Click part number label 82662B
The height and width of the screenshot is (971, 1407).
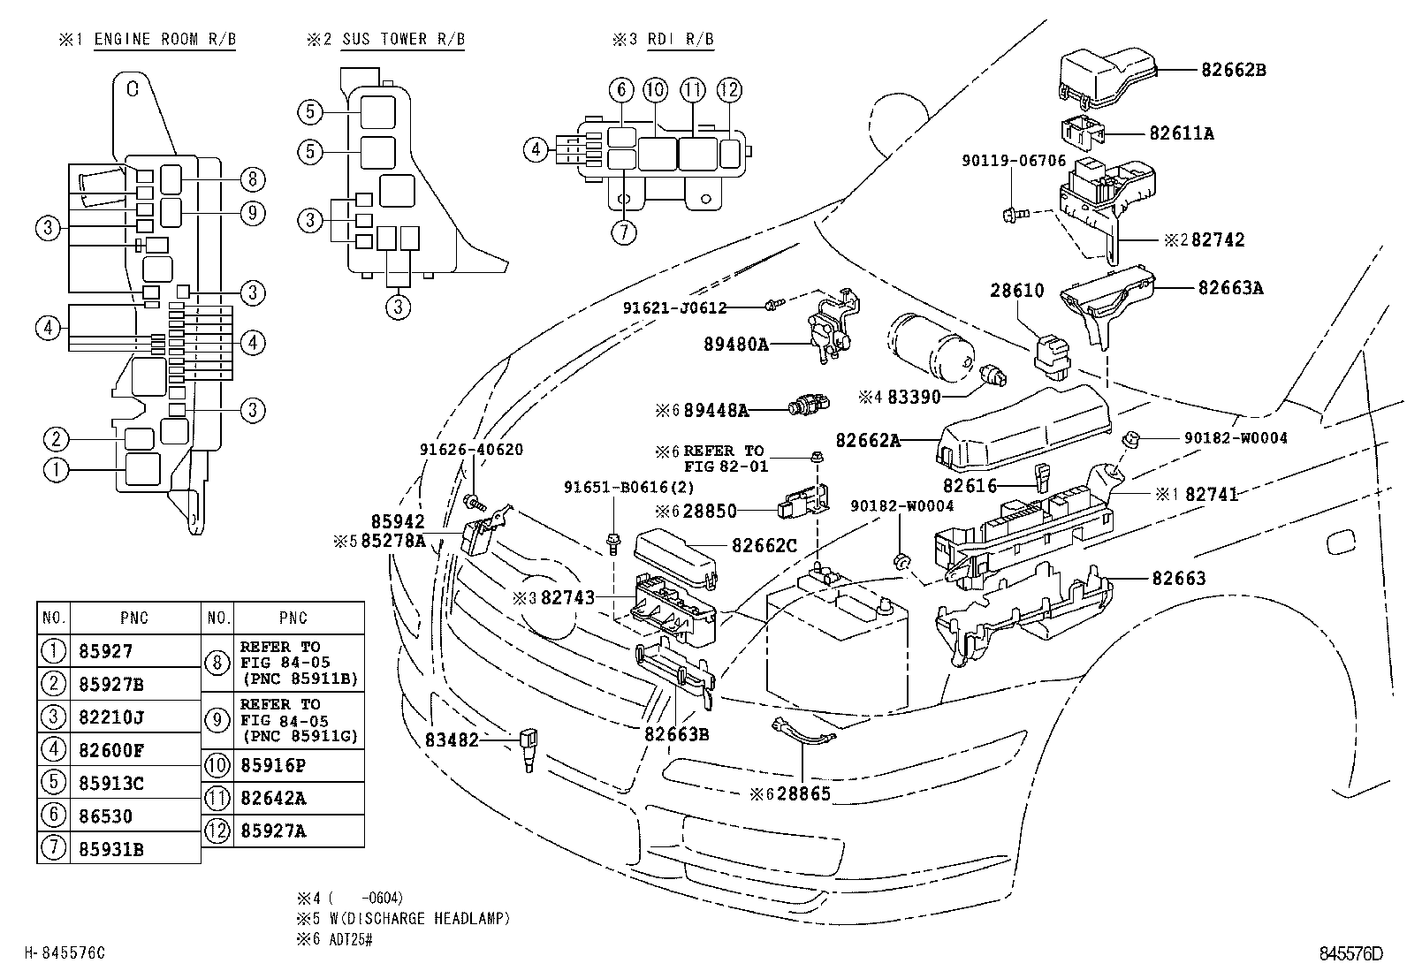click(1233, 70)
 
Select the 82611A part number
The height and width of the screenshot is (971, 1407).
click(1182, 133)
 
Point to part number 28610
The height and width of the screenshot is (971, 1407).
click(1016, 291)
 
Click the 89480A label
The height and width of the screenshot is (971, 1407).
click(736, 345)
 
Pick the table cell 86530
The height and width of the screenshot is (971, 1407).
click(105, 816)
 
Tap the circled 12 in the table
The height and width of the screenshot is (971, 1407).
click(217, 831)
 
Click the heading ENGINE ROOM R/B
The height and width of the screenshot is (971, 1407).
click(164, 40)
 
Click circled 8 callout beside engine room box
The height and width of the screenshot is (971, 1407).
click(252, 180)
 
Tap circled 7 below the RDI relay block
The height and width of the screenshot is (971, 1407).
click(624, 232)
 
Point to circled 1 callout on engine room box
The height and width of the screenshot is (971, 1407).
click(55, 469)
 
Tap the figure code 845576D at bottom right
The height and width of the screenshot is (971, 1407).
click(1350, 953)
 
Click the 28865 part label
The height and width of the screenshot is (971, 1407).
click(802, 793)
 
